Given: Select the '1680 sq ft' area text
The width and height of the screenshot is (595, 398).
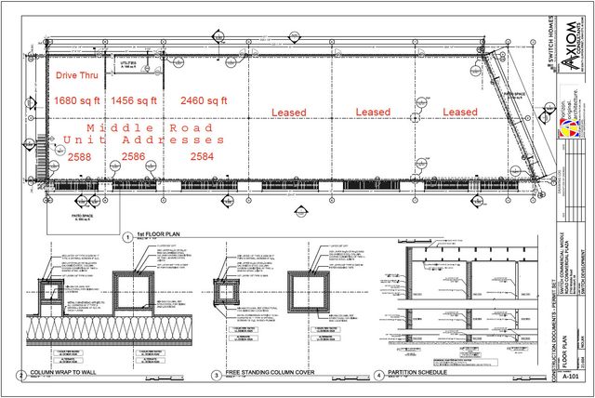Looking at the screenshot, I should pos(79,99).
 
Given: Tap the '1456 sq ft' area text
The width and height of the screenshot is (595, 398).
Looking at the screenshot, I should pos(136,99).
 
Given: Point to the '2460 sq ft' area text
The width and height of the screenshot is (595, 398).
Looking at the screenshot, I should pos(204,99).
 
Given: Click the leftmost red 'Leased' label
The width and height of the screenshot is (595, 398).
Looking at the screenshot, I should pos(288,113).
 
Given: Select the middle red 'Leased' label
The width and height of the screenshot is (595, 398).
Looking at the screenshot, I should pos(374,113).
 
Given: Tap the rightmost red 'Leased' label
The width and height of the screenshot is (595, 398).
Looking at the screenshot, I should pos(459,113).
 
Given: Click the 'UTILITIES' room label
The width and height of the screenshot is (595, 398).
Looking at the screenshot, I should pos(129,63).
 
